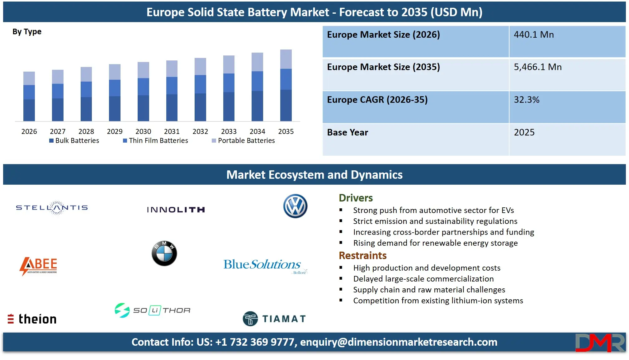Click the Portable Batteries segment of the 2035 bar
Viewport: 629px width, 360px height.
[x=286, y=59]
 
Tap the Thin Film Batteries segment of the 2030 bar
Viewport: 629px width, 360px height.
[x=143, y=87]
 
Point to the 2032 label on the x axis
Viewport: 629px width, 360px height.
[x=200, y=131]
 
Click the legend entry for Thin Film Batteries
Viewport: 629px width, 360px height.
[x=156, y=141]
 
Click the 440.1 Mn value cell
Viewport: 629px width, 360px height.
[x=534, y=35]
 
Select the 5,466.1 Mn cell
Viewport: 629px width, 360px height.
[x=538, y=67]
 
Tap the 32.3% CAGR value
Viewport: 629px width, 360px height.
[x=527, y=100]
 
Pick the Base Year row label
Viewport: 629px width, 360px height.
[x=348, y=132]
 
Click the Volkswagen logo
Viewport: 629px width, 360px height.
[x=295, y=206]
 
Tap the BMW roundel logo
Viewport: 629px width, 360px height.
[x=164, y=253]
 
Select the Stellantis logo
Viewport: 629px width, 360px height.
[x=52, y=208]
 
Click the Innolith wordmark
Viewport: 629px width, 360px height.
[x=176, y=210]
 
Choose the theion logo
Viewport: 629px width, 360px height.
[x=32, y=319]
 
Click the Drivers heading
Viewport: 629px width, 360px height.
[x=356, y=198]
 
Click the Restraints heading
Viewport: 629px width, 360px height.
[x=362, y=255]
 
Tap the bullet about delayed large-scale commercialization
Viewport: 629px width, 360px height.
[x=423, y=279]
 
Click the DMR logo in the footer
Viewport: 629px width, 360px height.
[x=600, y=343]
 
